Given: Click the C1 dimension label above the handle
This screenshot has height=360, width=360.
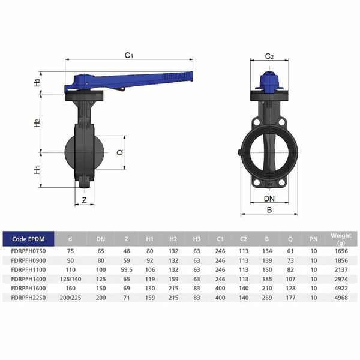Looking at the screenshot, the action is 129,55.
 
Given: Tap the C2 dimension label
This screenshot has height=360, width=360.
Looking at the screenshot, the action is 269,56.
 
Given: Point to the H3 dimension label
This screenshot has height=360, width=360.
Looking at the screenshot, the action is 37,83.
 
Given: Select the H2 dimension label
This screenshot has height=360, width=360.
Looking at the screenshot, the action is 37,123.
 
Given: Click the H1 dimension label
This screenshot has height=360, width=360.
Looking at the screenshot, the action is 37,170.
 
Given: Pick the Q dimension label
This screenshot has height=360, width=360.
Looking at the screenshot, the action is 120,152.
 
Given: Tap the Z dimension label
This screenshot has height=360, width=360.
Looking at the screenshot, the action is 85,200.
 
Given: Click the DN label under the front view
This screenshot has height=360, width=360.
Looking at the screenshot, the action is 269,199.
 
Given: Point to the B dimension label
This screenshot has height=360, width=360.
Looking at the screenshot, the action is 269,210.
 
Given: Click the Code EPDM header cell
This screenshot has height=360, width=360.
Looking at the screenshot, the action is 28,239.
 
